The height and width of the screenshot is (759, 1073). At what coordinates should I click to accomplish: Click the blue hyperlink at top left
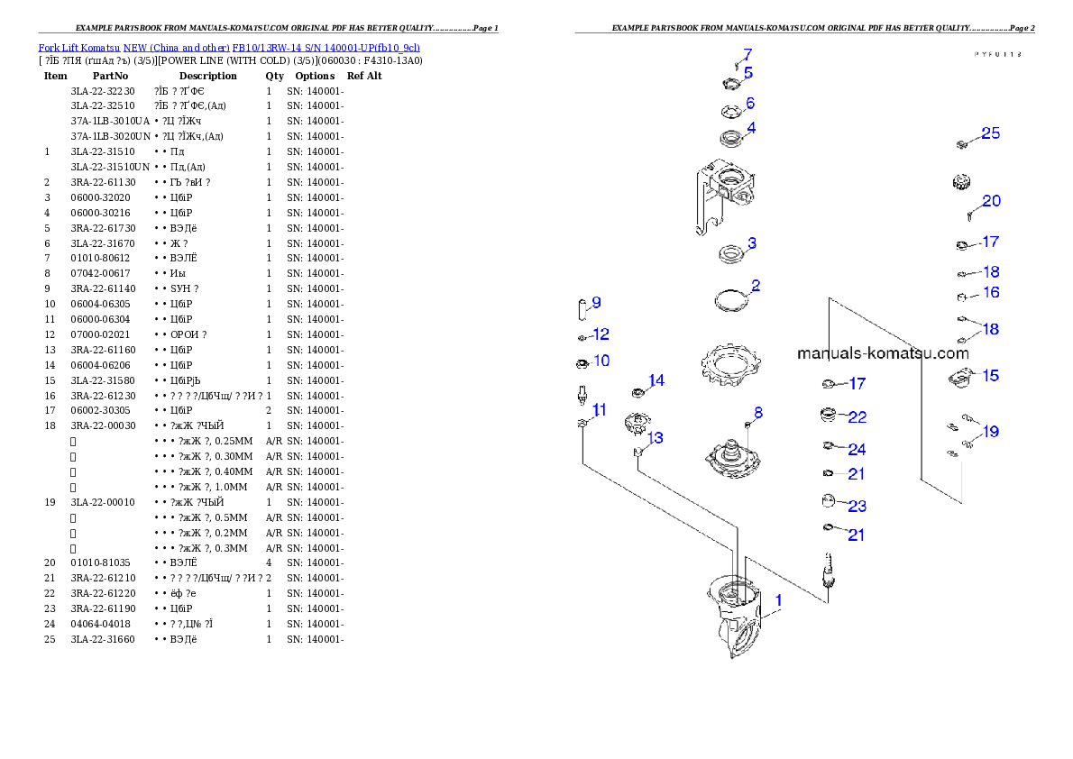pyautogui.click(x=229, y=47)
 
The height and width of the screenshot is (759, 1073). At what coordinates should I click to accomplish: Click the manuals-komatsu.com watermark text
pyautogui.click(x=883, y=353)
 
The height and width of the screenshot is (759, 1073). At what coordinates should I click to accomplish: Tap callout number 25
pyautogui.click(x=990, y=133)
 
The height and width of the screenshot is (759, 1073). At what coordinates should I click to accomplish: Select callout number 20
pyautogui.click(x=991, y=201)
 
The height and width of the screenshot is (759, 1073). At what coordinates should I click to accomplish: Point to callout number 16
pyautogui.click(x=991, y=293)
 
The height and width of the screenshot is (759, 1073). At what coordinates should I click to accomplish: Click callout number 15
pyautogui.click(x=991, y=375)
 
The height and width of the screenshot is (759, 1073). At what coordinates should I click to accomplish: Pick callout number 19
pyautogui.click(x=991, y=432)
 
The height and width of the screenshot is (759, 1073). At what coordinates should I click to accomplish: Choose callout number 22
pyautogui.click(x=857, y=417)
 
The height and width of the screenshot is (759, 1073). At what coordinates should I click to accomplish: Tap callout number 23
pyautogui.click(x=857, y=506)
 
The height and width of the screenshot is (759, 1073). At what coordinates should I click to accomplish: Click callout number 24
pyautogui.click(x=857, y=450)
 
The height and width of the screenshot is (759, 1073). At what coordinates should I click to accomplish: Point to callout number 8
pyautogui.click(x=758, y=413)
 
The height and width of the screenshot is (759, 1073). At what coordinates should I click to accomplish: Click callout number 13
pyautogui.click(x=656, y=438)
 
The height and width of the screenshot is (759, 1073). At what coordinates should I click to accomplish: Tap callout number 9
pyautogui.click(x=596, y=303)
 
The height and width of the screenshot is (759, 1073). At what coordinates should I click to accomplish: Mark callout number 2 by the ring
pyautogui.click(x=756, y=286)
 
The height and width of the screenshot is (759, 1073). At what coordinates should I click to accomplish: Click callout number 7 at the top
pyautogui.click(x=747, y=54)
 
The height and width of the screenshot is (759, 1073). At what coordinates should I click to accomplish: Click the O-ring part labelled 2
pyautogui.click(x=731, y=299)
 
